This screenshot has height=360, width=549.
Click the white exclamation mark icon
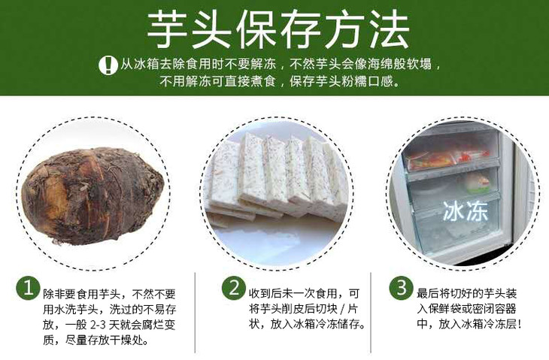click(x=108, y=65)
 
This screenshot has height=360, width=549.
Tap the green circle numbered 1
click(x=28, y=289)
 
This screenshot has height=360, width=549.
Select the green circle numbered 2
click(x=233, y=289)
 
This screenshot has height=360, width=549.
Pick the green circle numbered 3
click(x=401, y=289)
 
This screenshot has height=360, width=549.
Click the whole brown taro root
click(x=93, y=195)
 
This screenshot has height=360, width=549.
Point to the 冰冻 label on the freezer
click(x=466, y=211)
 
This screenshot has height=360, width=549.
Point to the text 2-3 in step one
click(x=98, y=325)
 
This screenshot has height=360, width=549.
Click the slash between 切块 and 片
click(x=342, y=309)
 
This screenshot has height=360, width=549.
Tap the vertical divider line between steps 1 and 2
click(x=195, y=313)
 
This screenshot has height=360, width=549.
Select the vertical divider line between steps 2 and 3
click(x=371, y=313)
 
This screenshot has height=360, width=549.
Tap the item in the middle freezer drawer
click(x=477, y=183)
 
